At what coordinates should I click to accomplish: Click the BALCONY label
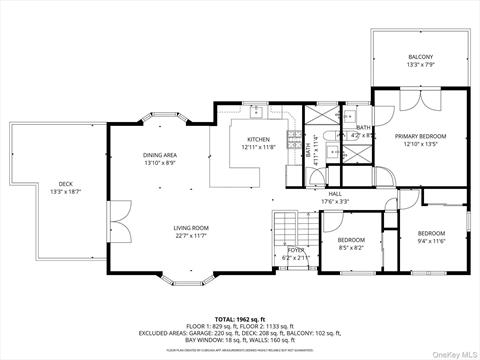[420, 56]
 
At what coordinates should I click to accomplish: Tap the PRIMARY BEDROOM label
[420, 135]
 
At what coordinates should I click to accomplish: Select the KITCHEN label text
[257, 139]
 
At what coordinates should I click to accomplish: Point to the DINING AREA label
[160, 155]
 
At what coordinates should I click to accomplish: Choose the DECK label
[65, 183]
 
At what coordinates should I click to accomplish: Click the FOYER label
[296, 250]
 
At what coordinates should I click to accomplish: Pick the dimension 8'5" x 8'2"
[351, 247]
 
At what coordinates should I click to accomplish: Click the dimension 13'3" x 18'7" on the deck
[65, 191]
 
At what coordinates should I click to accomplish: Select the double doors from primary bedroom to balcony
[419, 99]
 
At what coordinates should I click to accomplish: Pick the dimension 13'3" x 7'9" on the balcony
[420, 65]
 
